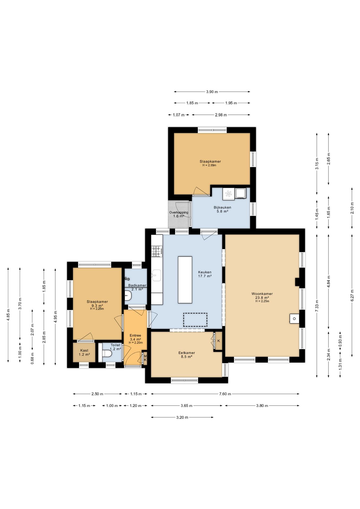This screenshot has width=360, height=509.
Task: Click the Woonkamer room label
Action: click(262, 294)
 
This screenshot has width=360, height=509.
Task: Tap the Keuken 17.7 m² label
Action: click(205, 274)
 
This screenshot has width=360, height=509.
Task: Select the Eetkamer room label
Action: click(187, 353)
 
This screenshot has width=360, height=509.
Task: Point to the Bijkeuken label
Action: click(222, 208)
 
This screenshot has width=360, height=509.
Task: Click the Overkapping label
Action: click(179, 212)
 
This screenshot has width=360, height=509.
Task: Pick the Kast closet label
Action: click(84, 350)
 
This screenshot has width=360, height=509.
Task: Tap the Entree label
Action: click(135, 335)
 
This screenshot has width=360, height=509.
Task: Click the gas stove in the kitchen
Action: click(157, 251)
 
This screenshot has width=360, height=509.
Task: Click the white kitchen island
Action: click(185, 280)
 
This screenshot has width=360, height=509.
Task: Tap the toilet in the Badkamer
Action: click(128, 295)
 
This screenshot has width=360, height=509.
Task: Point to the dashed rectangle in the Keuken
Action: click(195, 320)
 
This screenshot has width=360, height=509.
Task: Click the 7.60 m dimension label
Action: click(225, 394)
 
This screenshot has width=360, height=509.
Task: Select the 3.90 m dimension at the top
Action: click(212, 92)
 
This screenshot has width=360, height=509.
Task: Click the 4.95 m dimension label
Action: click(55, 317)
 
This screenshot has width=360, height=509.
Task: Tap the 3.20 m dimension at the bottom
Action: click(182, 417)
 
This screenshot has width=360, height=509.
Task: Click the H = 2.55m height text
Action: click(209, 165)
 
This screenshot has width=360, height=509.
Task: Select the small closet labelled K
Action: click(218, 341)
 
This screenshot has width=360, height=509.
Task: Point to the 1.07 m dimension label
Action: click(179, 115)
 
